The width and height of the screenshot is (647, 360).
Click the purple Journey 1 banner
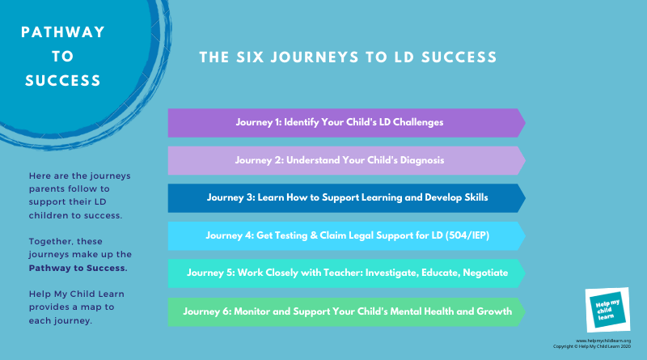[347, 123]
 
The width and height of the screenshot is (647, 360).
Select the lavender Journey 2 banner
[347, 160]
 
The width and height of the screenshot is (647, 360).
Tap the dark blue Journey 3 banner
[347, 197]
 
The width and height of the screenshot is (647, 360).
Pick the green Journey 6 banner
[347, 311]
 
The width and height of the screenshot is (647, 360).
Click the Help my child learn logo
[607, 310]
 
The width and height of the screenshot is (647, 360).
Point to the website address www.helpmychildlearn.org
[603, 341]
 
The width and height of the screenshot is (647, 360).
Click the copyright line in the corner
[592, 346]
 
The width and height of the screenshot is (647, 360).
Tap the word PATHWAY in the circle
[63, 32]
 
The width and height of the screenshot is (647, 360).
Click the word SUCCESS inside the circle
[63, 81]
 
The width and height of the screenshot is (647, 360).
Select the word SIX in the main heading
[250, 57]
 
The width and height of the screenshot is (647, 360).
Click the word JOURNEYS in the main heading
[315, 57]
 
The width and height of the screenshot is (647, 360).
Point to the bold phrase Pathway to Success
[78, 268]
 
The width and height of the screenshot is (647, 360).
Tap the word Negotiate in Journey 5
[485, 273]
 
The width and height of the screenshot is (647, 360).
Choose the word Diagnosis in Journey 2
[422, 160]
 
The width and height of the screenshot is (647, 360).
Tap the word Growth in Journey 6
[494, 311]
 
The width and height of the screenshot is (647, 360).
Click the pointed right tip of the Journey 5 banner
[525, 273]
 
